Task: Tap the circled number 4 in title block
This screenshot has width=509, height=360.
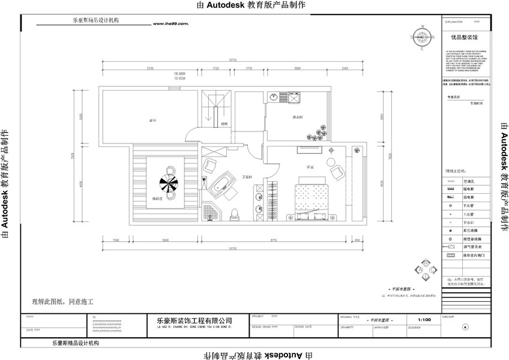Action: coord(465,328)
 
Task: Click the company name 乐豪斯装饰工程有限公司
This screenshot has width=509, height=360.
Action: coord(190,321)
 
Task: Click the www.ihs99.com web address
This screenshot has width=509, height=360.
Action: coord(171,25)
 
